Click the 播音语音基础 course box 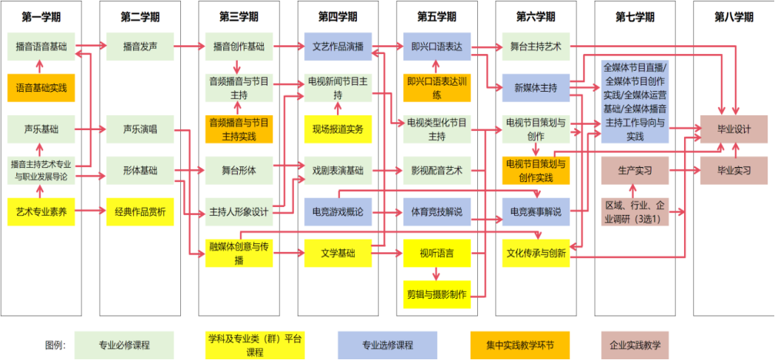coord(41,46)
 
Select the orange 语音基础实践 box coord(41,87)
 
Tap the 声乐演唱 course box coord(140,129)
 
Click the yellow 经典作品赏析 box coord(140,212)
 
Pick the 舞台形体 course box coord(239,171)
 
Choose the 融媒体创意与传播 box coord(239,254)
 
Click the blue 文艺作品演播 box coord(338,46)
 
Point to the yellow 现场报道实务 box coord(338,129)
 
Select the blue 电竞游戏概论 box coord(338,212)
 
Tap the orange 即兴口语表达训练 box coord(437,87)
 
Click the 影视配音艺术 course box coord(437,171)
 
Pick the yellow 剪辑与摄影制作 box coord(437,294)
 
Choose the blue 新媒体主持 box coord(536,87)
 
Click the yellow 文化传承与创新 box coord(536,254)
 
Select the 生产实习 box coord(635,171)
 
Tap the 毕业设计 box coord(734,129)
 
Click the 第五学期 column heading coord(437,17)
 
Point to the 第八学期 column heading coord(734,17)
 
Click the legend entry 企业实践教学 coord(635,345)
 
